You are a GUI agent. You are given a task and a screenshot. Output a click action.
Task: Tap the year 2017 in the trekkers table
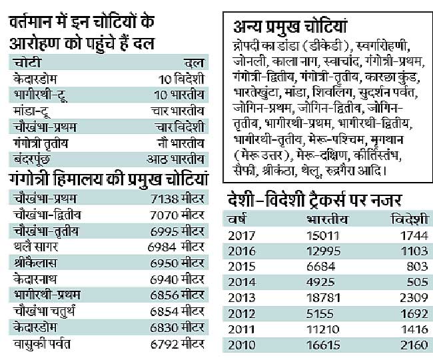click(x=242, y=235)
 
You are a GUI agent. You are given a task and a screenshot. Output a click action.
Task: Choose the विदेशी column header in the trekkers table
click(x=408, y=219)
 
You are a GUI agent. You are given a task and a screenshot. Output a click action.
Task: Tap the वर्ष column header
click(x=236, y=219)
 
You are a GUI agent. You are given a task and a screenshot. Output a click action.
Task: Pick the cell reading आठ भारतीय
click(x=175, y=159)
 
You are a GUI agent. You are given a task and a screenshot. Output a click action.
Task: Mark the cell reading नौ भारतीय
click(x=178, y=143)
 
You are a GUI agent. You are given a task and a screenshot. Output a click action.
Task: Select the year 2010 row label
click(x=242, y=345)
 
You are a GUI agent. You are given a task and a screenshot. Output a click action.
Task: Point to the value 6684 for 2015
click(x=322, y=266)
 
